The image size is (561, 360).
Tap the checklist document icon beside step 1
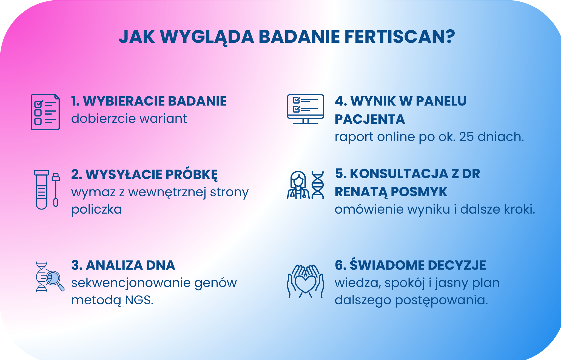[x=45, y=112]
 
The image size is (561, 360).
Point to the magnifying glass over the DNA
[x=54, y=278]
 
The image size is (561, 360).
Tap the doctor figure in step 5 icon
[x=298, y=185]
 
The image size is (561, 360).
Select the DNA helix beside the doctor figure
[x=318, y=185]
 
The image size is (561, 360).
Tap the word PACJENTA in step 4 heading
[x=370, y=119]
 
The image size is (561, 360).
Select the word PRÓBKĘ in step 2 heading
[x=192, y=175]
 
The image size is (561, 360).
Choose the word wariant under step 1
[x=163, y=119]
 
